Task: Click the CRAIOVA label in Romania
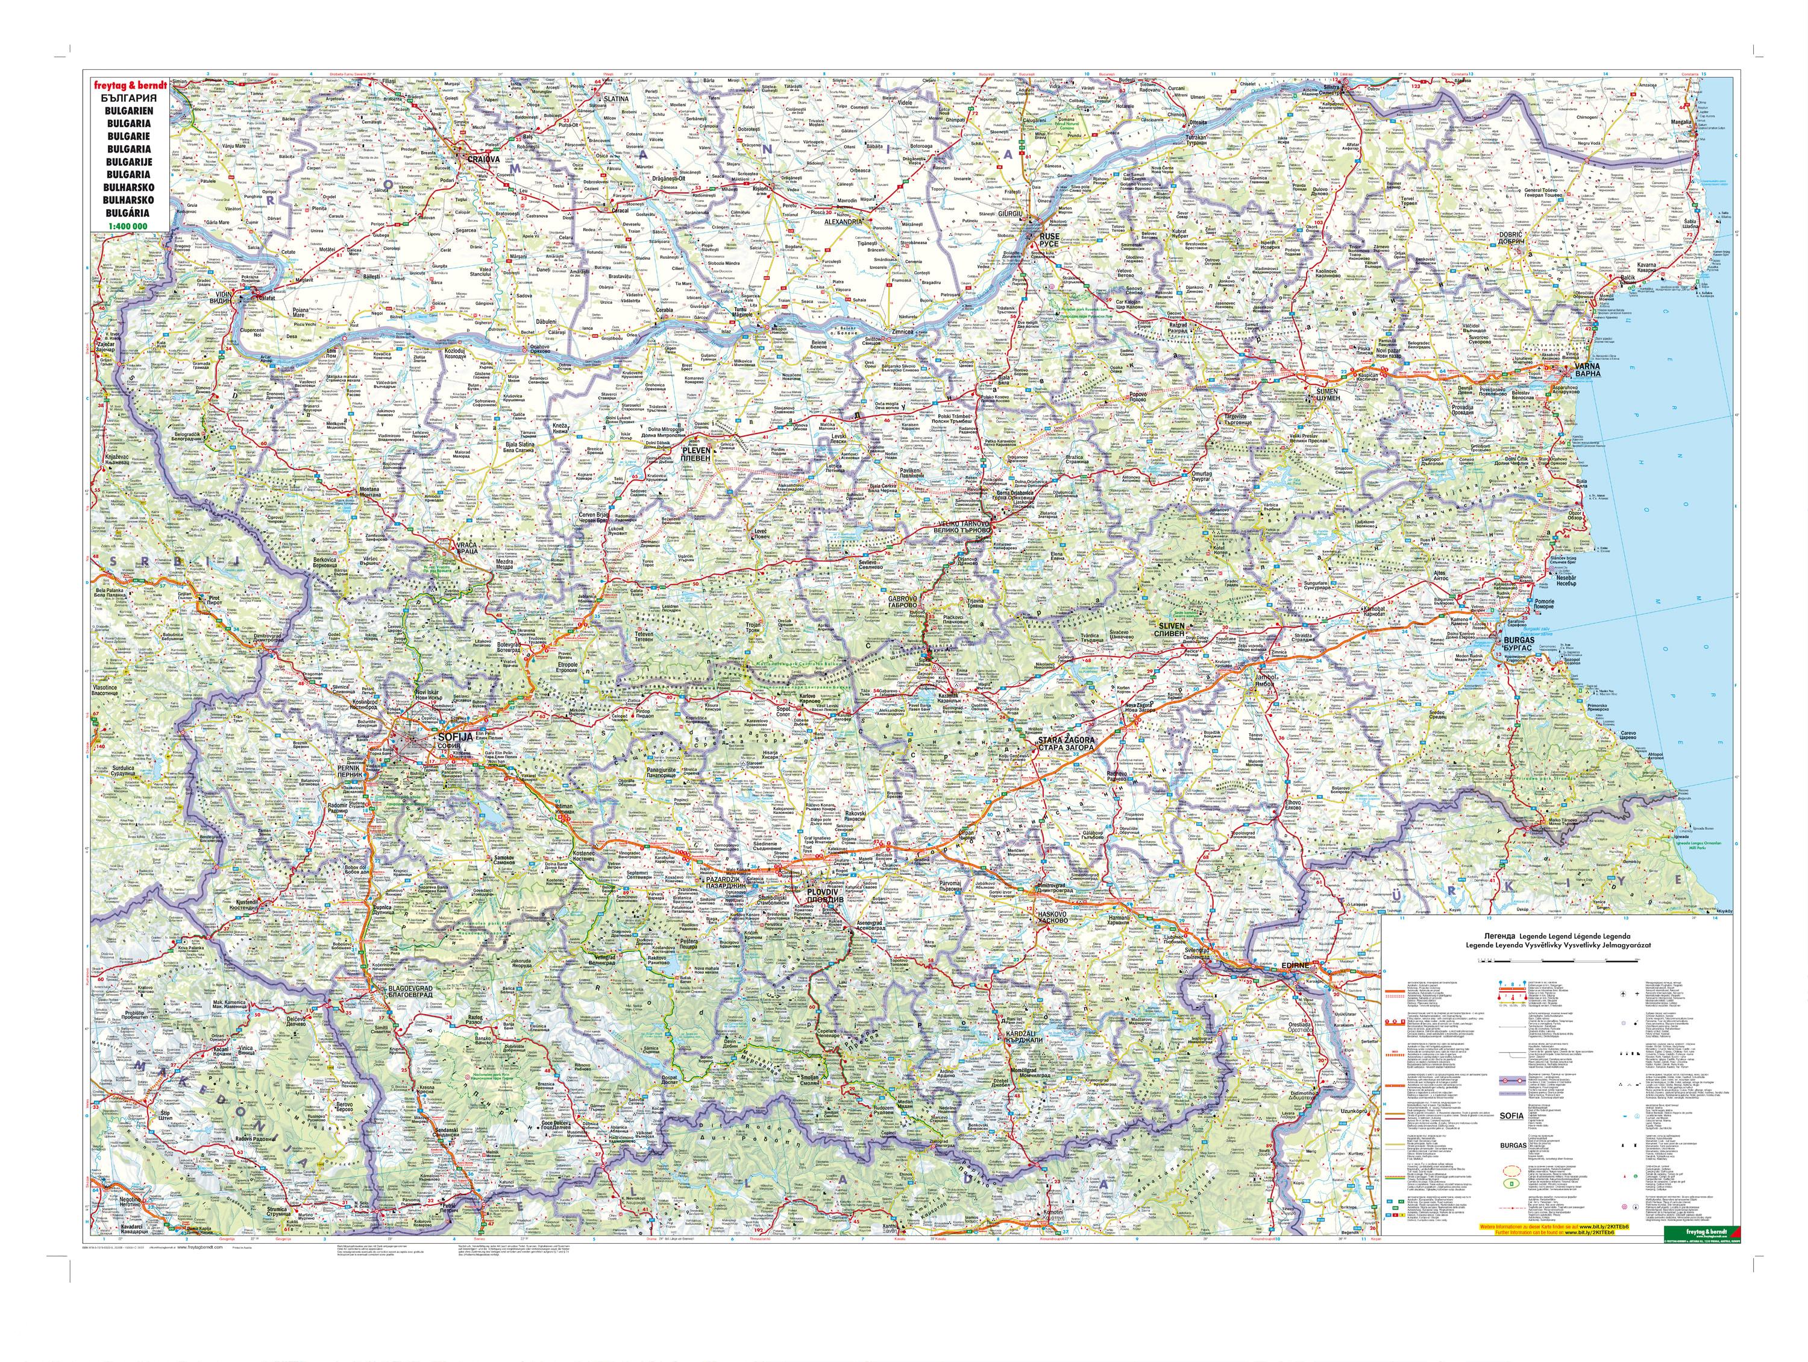[483, 159]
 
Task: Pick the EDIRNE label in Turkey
[1296, 965]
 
